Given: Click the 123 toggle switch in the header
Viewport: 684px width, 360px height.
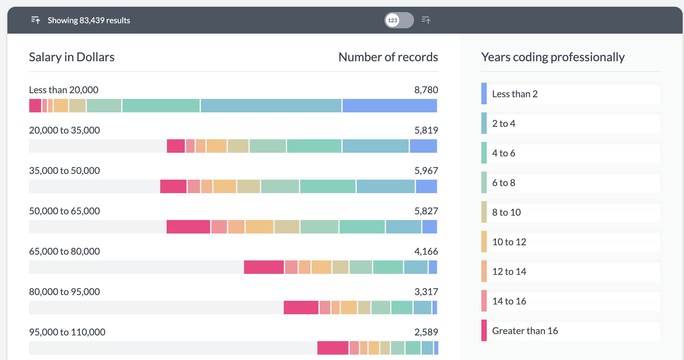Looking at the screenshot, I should [x=399, y=20].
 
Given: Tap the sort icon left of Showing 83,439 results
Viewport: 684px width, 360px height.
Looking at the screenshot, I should [x=36, y=20].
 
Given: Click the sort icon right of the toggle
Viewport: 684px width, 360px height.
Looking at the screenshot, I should [x=426, y=20].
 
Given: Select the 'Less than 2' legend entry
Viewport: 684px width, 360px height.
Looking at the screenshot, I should [x=514, y=94].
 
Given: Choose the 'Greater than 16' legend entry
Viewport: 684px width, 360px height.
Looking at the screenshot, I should [x=524, y=331].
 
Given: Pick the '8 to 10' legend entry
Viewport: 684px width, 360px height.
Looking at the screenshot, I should [x=506, y=212].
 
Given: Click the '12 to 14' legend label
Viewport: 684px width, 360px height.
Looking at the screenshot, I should [x=509, y=272].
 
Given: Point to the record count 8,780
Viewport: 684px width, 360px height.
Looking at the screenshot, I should [x=426, y=90].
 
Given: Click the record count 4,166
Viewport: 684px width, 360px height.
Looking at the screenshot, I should [x=426, y=251].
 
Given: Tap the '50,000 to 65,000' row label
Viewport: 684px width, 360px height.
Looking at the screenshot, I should [x=64, y=211].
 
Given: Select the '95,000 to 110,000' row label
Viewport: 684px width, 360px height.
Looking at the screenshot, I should [x=67, y=332].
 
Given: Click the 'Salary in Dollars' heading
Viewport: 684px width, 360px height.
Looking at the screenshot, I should [x=72, y=57].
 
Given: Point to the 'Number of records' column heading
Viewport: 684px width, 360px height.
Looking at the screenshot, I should [x=388, y=57].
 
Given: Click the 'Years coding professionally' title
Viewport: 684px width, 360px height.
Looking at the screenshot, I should [x=553, y=57].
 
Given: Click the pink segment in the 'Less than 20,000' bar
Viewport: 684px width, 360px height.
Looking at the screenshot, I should [x=35, y=106].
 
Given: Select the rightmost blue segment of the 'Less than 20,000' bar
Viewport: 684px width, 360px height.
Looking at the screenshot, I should [x=389, y=106].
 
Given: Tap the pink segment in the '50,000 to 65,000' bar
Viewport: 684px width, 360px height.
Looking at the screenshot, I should [x=188, y=227].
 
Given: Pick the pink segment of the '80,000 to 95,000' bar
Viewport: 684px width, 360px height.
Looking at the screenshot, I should [x=301, y=308].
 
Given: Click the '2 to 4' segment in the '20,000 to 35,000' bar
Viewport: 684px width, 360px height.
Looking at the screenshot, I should [x=375, y=146].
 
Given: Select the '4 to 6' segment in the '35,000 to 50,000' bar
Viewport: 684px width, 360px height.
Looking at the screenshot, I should [x=328, y=186].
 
